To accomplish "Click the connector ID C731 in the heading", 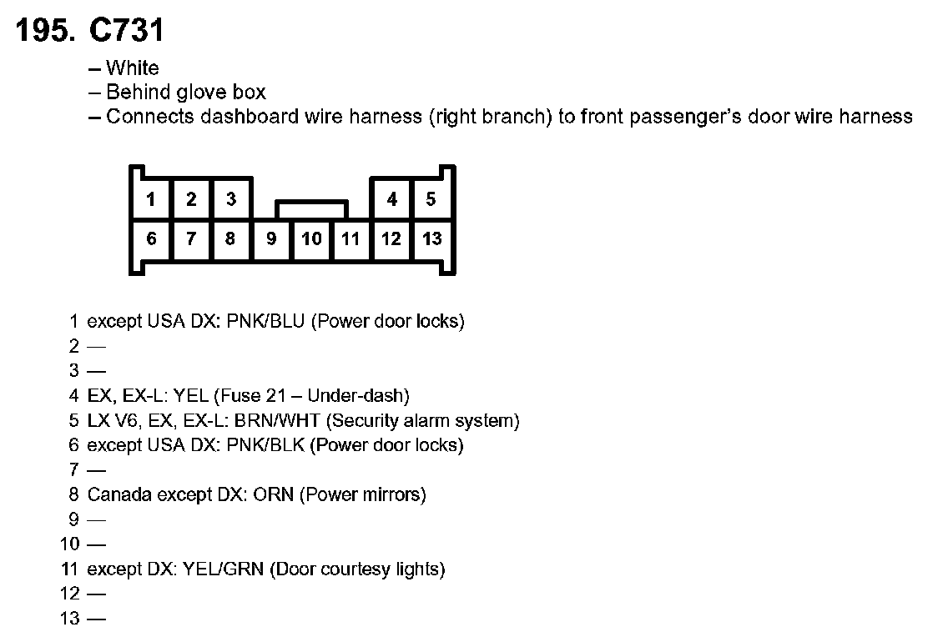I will click(128, 31).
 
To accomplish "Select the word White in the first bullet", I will click(132, 68).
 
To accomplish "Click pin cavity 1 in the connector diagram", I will click(151, 199).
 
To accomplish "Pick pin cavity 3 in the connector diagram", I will click(231, 199).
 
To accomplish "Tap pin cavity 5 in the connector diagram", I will click(431, 199).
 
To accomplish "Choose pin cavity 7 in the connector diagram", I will click(191, 239).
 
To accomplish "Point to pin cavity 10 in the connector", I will click(311, 239).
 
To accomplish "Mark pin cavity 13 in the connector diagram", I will click(431, 239).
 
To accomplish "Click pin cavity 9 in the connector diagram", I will click(271, 239).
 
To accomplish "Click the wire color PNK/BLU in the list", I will click(266, 321).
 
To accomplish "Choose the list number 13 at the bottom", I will click(69, 619).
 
